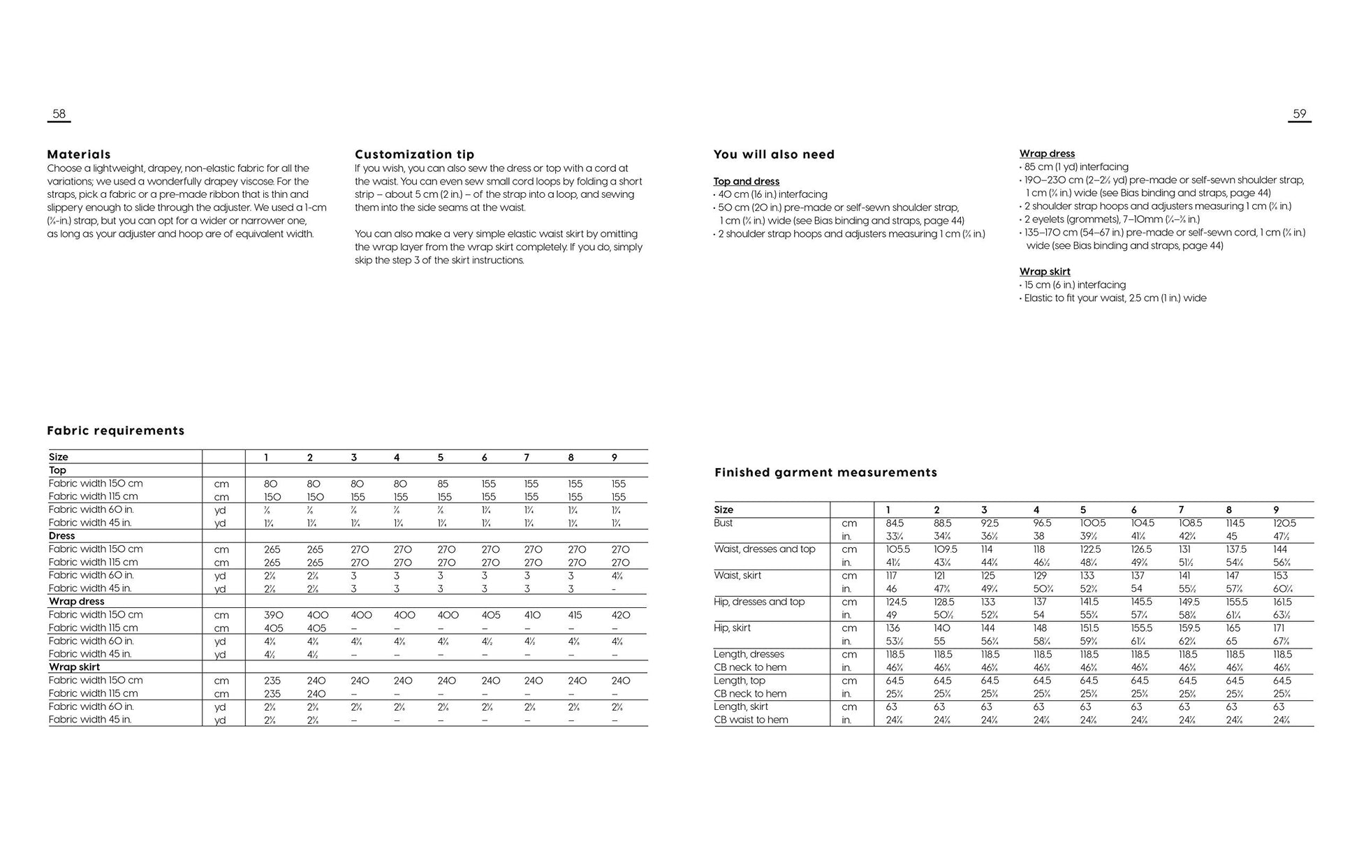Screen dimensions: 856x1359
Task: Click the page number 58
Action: pyautogui.click(x=59, y=114)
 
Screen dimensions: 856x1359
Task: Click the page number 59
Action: pyautogui.click(x=1299, y=114)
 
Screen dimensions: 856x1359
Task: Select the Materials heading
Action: pyautogui.click(x=79, y=154)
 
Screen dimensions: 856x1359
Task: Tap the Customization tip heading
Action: pyautogui.click(x=414, y=154)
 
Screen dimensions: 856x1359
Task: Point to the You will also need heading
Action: pyautogui.click(x=774, y=154)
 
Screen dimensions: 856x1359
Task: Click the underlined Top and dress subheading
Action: pyautogui.click(x=746, y=182)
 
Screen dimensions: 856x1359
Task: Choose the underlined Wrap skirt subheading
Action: pyautogui.click(x=1044, y=272)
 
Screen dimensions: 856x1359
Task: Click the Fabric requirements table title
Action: pyautogui.click(x=116, y=430)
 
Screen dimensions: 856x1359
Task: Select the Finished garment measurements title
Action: pyautogui.click(x=825, y=472)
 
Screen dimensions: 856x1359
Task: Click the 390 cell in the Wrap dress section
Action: pyautogui.click(x=273, y=615)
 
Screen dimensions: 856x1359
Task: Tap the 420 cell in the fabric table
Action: pyautogui.click(x=620, y=615)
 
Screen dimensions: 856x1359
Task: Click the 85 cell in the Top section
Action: pyautogui.click(x=443, y=484)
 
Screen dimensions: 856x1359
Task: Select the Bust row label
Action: pyautogui.click(x=723, y=523)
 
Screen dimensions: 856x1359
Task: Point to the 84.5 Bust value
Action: pyautogui.click(x=895, y=523)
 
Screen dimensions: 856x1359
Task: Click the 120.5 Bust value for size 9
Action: pyautogui.click(x=1284, y=523)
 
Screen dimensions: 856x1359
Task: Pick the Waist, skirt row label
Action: pyautogui.click(x=737, y=576)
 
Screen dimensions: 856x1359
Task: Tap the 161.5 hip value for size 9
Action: pyautogui.click(x=1282, y=602)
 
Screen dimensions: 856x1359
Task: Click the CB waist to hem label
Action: pyautogui.click(x=751, y=720)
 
